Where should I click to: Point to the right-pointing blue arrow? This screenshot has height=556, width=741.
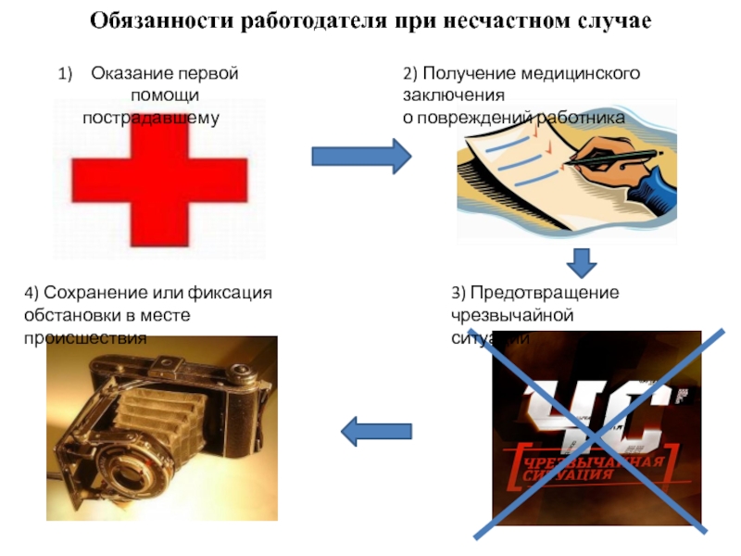coord(361,157)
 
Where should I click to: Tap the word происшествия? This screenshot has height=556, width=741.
coord(85,337)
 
